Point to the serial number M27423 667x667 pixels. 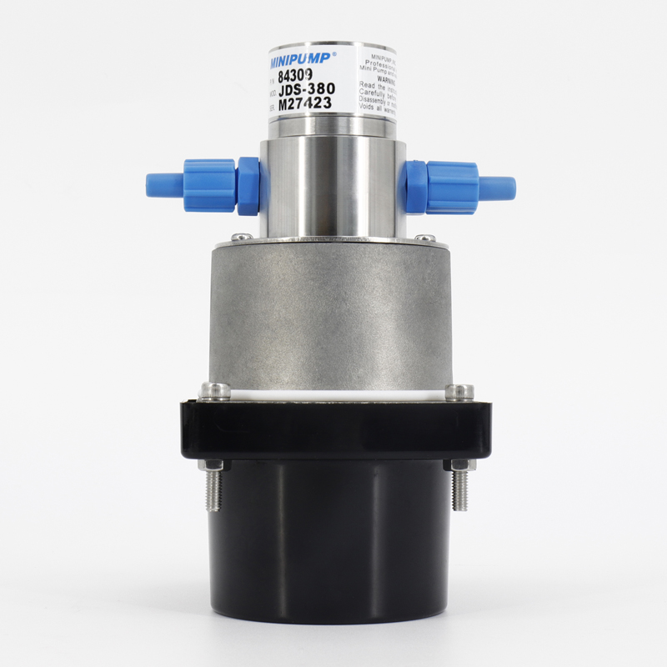point(305,104)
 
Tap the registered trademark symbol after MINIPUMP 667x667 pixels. point(334,55)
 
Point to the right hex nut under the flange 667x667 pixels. point(458,465)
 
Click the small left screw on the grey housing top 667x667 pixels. point(239,238)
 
